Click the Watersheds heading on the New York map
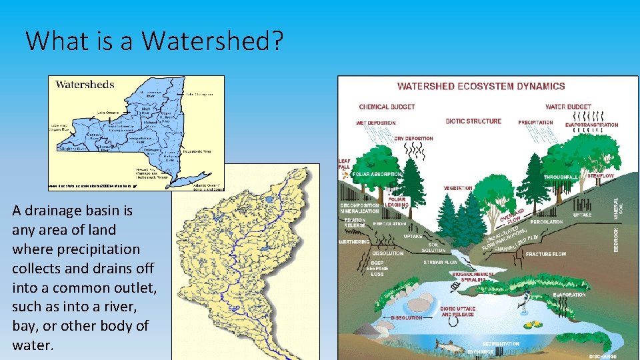pyautogui.click(x=85, y=85)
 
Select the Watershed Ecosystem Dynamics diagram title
pyautogui.click(x=481, y=86)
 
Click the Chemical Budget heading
pyautogui.click(x=387, y=107)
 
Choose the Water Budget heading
pyautogui.click(x=568, y=107)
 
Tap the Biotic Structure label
pyautogui.click(x=473, y=121)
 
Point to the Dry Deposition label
pyautogui.click(x=413, y=139)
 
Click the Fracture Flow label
pyautogui.click(x=545, y=254)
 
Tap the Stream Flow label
pyautogui.click(x=441, y=263)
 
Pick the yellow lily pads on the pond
pyautogui.click(x=533, y=326)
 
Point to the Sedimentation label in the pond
pyautogui.click(x=501, y=344)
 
